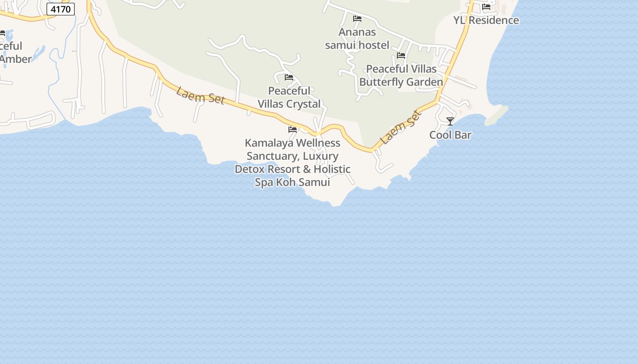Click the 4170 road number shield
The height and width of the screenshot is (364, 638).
click(x=60, y=9)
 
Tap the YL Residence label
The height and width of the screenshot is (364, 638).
click(x=486, y=20)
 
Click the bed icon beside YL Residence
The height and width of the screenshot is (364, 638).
click(x=486, y=7)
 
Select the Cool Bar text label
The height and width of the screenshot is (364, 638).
click(x=450, y=135)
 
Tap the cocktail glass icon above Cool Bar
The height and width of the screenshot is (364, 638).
click(x=450, y=121)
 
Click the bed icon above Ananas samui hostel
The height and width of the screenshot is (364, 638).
click(x=357, y=19)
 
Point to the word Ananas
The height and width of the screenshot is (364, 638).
click(x=357, y=32)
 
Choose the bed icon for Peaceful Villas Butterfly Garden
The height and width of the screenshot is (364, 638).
click(x=401, y=56)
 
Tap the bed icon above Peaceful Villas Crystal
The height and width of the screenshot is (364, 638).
click(x=289, y=77)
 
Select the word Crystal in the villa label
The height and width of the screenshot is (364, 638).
click(x=304, y=104)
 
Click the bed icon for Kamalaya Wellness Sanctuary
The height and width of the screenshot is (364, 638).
click(x=293, y=130)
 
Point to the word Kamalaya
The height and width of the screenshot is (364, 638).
click(x=269, y=143)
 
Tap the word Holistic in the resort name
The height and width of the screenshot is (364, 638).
click(x=331, y=169)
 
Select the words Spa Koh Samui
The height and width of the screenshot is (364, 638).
click(x=292, y=182)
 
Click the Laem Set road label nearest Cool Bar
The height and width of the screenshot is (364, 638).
click(x=401, y=127)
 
